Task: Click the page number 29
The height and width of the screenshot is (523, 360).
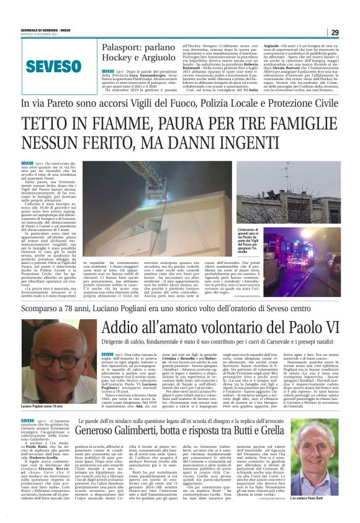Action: (x=351, y=32)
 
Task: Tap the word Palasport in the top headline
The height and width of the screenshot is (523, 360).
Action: (x=124, y=47)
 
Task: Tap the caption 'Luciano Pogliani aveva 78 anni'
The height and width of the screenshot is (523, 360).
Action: (x=45, y=406)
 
